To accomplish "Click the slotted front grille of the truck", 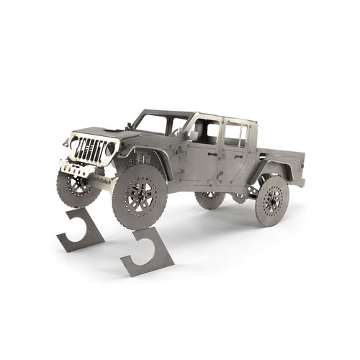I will (x=90, y=150).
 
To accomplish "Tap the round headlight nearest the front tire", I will (x=110, y=149).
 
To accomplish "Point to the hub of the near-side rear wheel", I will (x=272, y=200).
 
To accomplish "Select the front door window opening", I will (x=206, y=131).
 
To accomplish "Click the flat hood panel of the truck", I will (x=101, y=132).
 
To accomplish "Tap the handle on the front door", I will (x=212, y=153).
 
